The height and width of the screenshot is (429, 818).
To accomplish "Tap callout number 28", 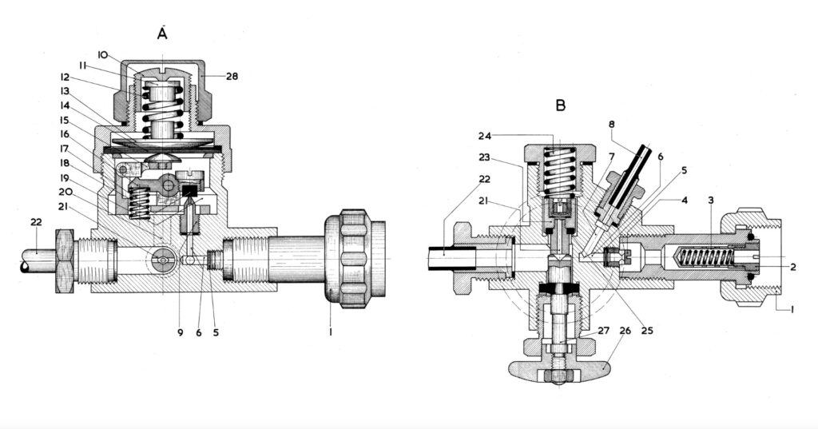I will (231, 76).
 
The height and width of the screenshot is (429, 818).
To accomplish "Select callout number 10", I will (104, 54).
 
